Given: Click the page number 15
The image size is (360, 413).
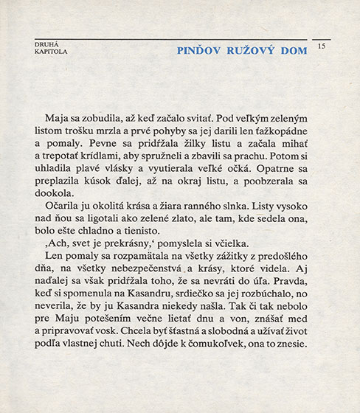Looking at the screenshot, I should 321,46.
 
